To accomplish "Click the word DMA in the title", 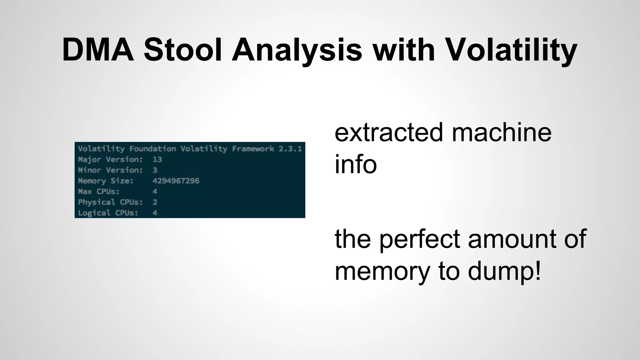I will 98,50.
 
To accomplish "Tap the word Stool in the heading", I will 183,50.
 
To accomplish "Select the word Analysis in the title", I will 297,50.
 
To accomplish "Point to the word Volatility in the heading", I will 511,50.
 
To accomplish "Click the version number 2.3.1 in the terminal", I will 290,149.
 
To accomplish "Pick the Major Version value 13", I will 157,159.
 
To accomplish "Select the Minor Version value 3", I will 155,170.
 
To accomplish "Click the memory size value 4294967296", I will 176,181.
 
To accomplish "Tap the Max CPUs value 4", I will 155,192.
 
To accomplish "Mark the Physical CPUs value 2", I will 155,202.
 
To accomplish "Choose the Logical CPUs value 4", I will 155,213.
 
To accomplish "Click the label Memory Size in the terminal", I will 106,181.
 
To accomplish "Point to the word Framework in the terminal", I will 253,149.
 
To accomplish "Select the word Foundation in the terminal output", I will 152,149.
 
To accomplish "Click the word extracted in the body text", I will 389,132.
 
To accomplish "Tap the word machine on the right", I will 502,132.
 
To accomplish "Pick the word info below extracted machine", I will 356,164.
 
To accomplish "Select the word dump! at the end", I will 504,271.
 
